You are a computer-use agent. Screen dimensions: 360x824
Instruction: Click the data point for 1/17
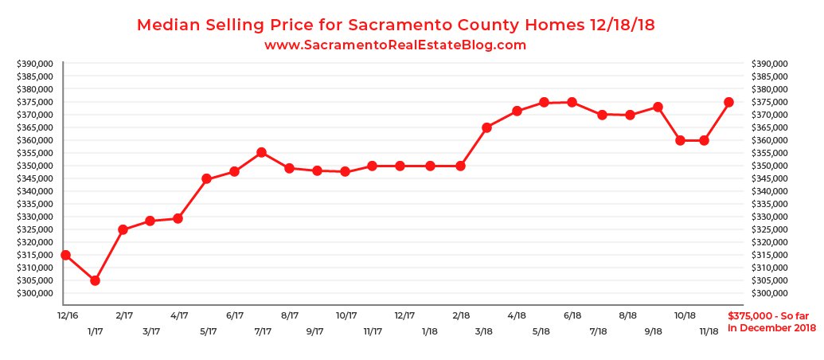(95, 280)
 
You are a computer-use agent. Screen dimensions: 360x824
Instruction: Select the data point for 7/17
(261, 152)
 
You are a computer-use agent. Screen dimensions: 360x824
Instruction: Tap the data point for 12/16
(65, 255)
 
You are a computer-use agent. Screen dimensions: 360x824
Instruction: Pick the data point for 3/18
(486, 127)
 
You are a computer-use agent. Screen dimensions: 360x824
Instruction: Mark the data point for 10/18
(680, 140)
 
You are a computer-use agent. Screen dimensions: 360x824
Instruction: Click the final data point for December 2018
(728, 102)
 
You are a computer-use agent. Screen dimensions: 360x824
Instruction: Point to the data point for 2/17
(123, 229)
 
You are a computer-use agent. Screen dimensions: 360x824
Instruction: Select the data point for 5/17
(206, 178)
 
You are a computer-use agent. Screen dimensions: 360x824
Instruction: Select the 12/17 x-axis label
(404, 315)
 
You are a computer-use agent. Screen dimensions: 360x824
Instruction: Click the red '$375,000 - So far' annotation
(768, 315)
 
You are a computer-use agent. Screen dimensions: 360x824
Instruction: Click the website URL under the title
(395, 45)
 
